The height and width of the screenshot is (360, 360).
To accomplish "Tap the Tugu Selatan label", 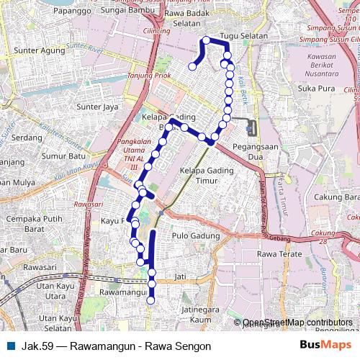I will [x=244, y=35].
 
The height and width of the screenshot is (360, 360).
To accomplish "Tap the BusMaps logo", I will [x=324, y=346].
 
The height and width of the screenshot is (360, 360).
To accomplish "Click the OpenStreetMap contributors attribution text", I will [x=297, y=323].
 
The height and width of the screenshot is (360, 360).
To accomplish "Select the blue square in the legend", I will [x=9, y=346].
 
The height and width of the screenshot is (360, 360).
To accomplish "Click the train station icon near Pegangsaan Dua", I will [x=250, y=129].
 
